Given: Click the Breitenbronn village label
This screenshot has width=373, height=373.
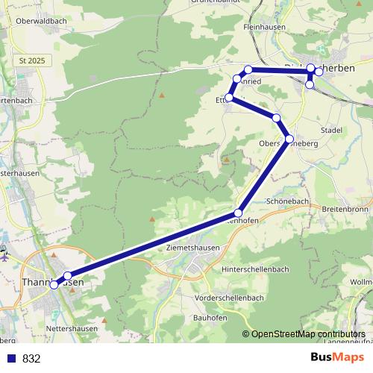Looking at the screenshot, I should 348,210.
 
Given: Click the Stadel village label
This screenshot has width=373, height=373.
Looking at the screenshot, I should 331,130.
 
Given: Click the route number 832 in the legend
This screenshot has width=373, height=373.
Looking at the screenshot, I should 31,359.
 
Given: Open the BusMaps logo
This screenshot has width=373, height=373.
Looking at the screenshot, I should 333,358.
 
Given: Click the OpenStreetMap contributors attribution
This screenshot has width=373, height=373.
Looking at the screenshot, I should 308,333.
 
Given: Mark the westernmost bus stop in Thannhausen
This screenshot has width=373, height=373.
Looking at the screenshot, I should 54,285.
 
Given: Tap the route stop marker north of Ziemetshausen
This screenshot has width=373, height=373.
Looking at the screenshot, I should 239,213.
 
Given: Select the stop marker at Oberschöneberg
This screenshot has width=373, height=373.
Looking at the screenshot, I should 289,139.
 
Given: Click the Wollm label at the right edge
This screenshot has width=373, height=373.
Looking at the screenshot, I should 361,283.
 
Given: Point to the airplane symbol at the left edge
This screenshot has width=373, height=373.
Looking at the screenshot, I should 4,256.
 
